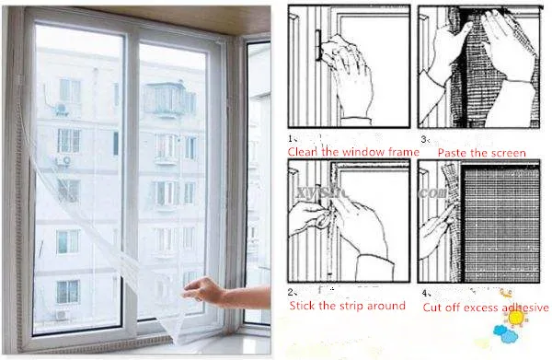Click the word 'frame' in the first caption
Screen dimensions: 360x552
click(399, 151)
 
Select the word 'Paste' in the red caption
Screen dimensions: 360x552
click(455, 152)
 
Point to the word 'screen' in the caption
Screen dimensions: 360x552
click(507, 152)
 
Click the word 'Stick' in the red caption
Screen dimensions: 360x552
click(305, 306)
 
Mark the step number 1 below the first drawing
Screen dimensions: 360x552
click(291, 138)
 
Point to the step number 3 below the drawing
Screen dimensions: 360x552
click(423, 138)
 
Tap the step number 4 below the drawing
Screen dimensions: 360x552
click(423, 293)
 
